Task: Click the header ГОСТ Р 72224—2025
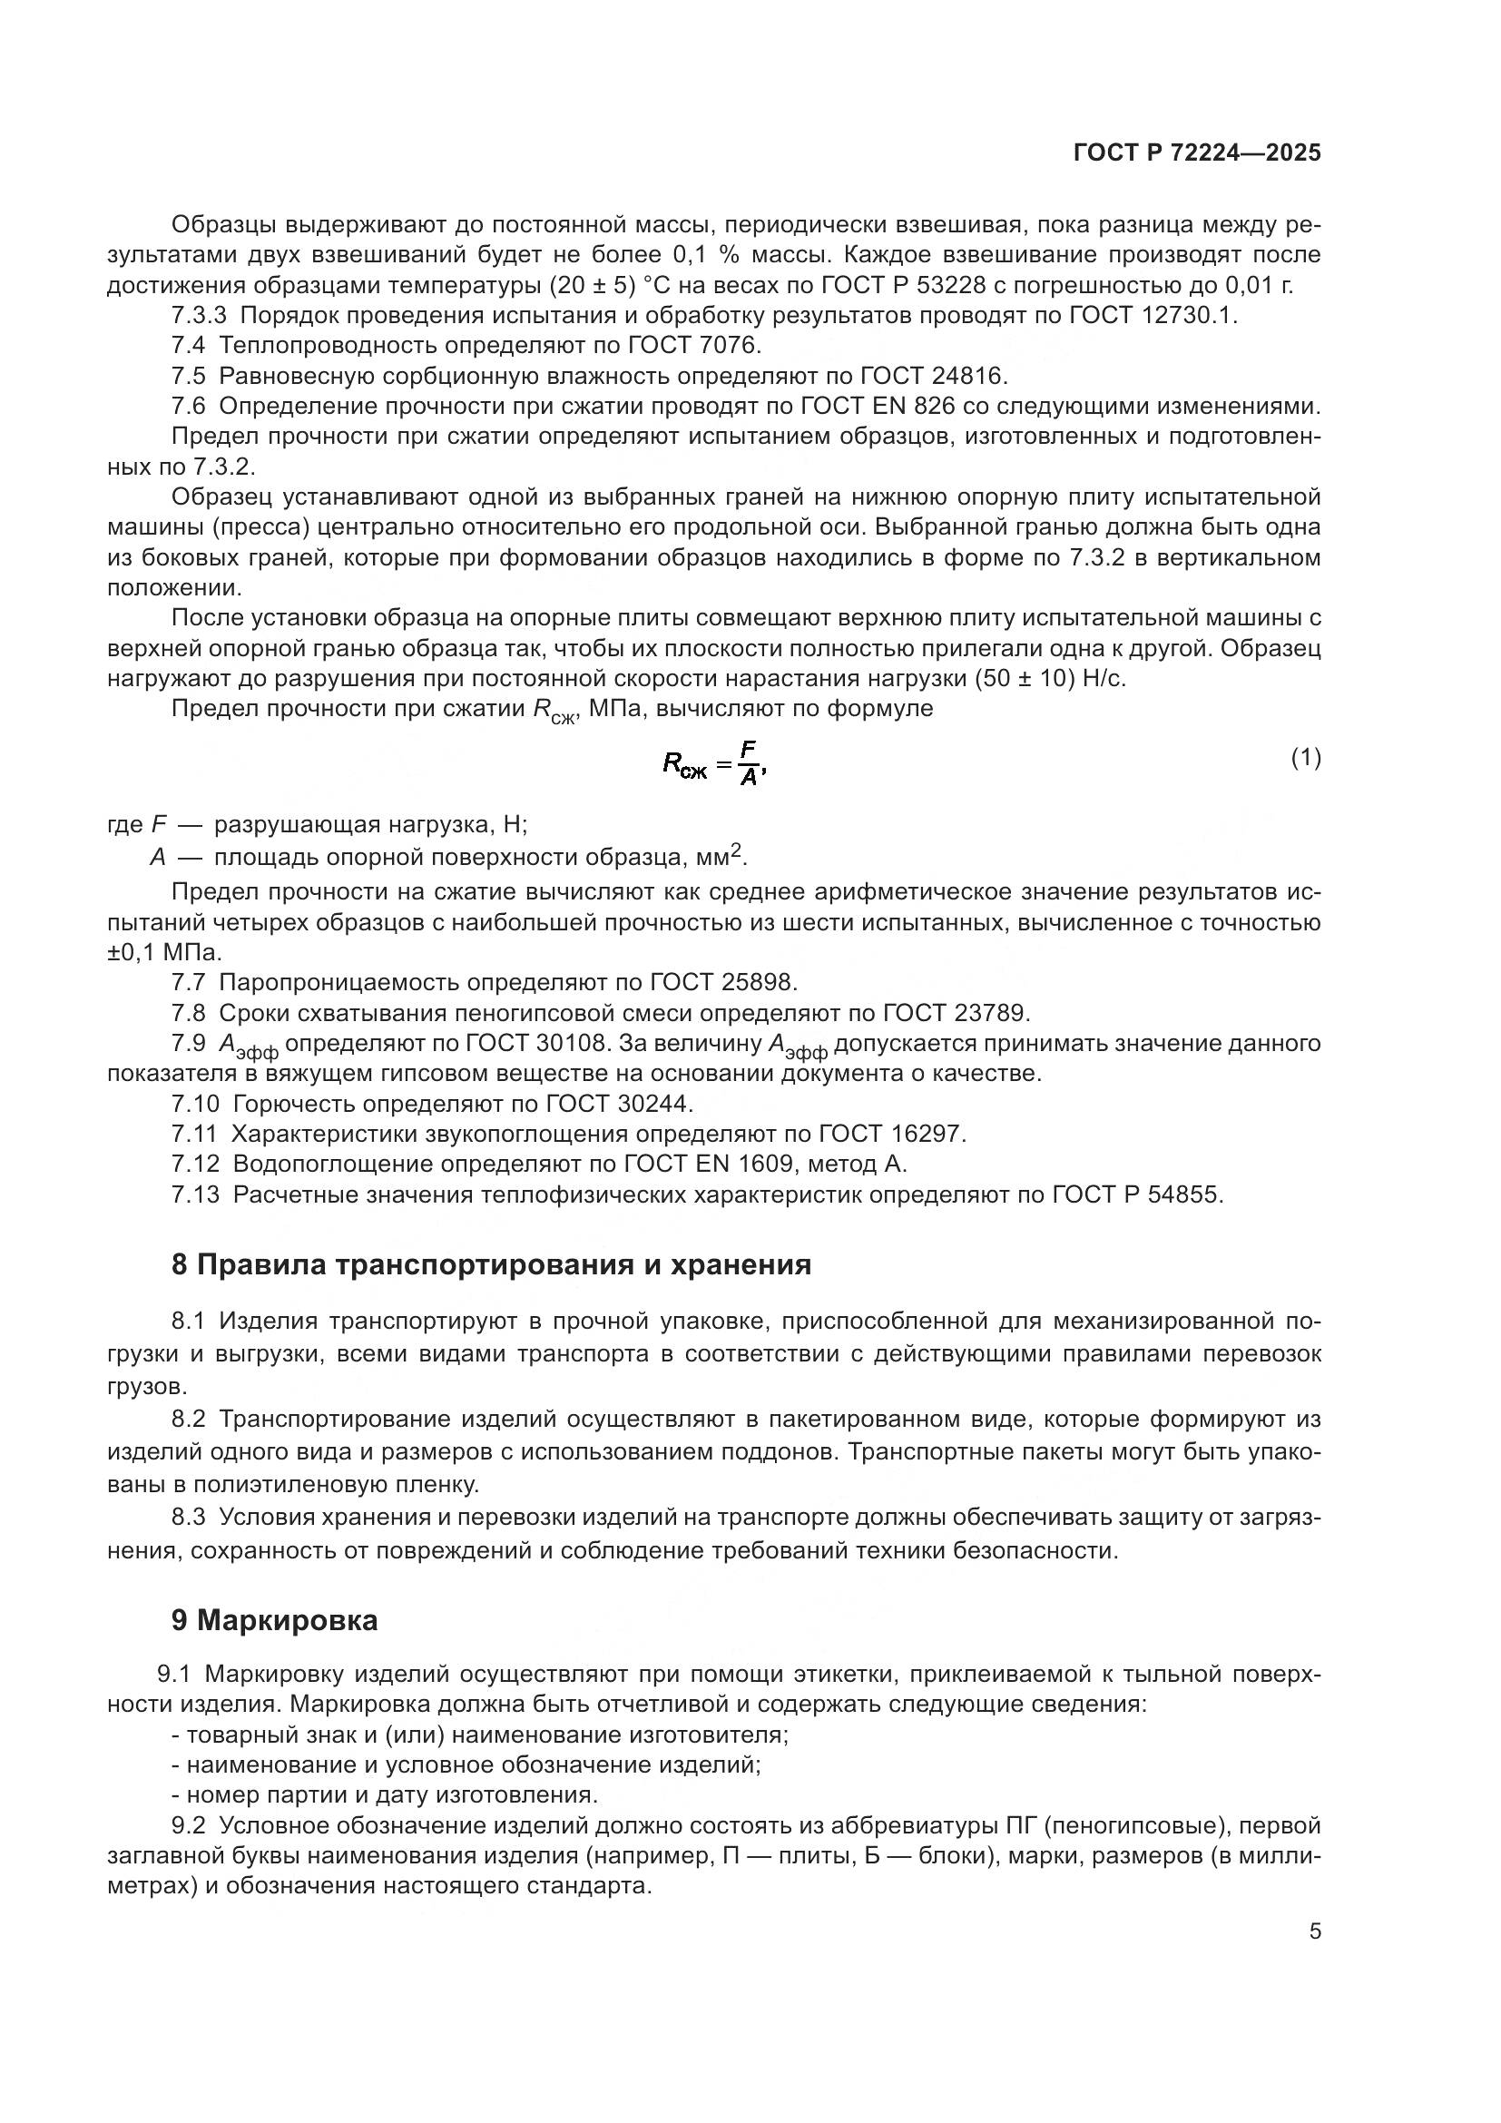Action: pos(1197,153)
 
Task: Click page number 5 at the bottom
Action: pos(1314,1931)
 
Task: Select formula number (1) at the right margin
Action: pos(1305,758)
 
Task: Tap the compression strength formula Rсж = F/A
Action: pos(714,762)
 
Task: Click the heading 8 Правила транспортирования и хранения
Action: pos(491,1265)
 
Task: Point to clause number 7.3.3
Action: pos(198,315)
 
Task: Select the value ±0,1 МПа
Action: pos(163,952)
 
